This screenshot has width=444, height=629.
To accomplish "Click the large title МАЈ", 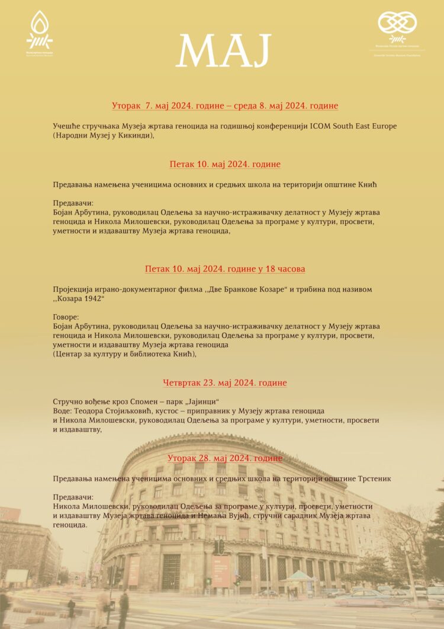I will [x=223, y=50].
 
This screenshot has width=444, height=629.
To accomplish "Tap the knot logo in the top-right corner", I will [x=397, y=27].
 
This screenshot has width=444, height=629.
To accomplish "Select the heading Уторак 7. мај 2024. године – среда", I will [x=225, y=106].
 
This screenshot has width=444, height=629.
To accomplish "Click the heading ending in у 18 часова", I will [x=225, y=269].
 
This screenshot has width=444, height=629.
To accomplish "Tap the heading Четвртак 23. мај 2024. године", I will [x=225, y=382].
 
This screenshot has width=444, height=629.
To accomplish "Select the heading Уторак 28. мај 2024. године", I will [x=225, y=458].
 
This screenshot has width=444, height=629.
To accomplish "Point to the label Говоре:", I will [x=66, y=317].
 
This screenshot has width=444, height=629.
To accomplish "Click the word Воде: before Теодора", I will [x=63, y=411].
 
